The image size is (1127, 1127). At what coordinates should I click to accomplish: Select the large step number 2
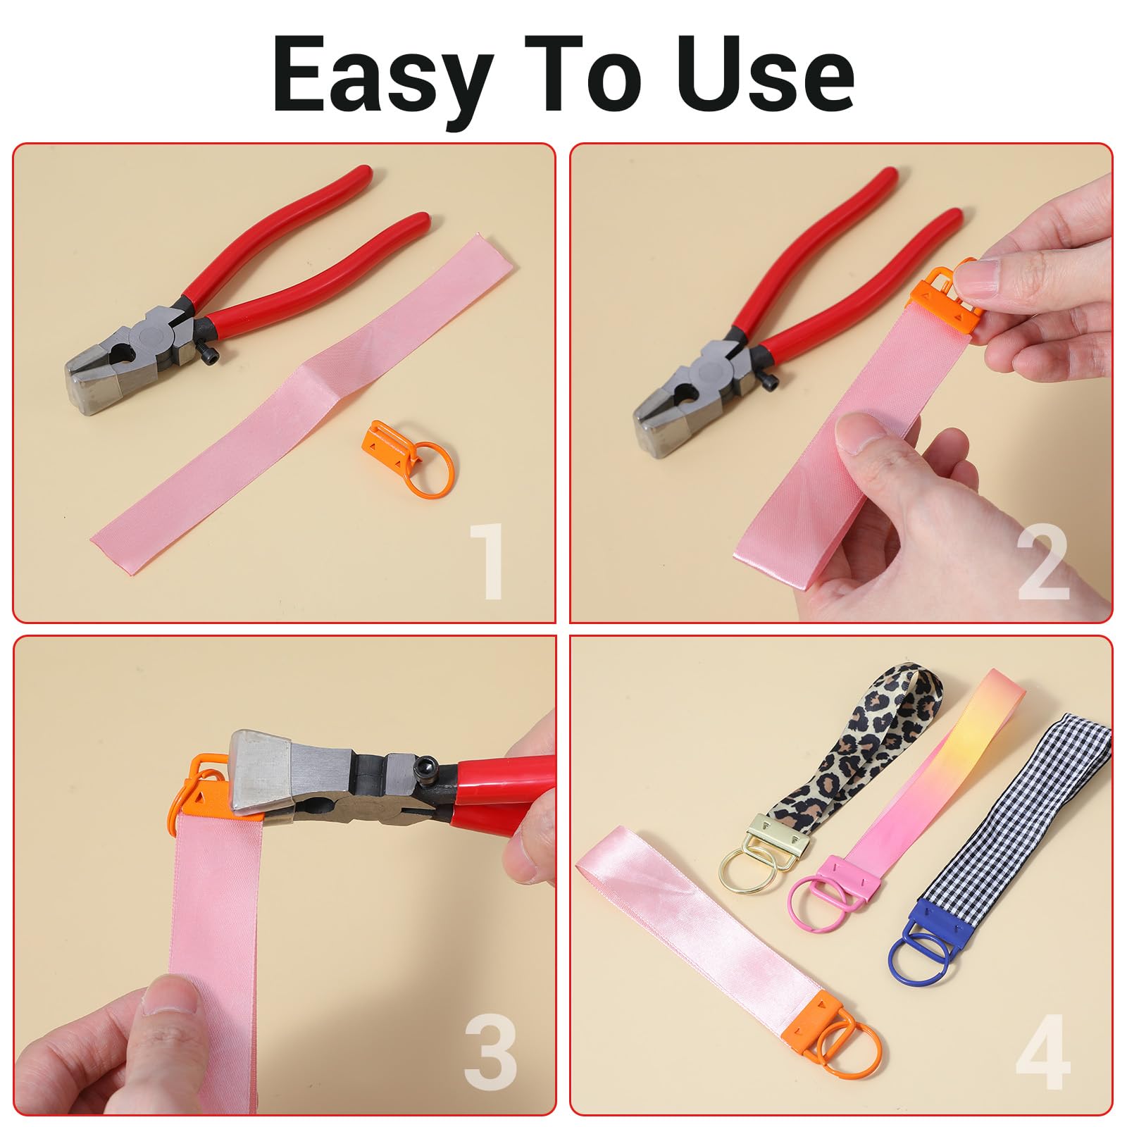(x=1043, y=561)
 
